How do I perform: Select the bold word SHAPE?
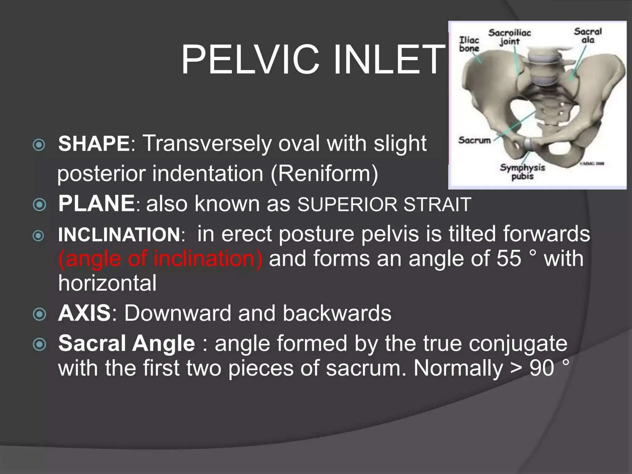[94, 143]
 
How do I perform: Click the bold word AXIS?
[84, 313]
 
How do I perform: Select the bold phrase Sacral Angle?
[127, 343]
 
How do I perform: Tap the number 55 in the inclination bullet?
[509, 258]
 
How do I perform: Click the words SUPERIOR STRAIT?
[384, 204]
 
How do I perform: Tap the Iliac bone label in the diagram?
[469, 44]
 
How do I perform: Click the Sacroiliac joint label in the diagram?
[509, 37]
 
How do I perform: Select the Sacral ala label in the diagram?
[588, 35]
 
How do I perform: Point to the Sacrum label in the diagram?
[474, 140]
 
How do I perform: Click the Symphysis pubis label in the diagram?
[522, 172]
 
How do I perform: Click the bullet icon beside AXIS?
[39, 314]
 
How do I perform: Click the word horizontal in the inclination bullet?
[107, 283]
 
